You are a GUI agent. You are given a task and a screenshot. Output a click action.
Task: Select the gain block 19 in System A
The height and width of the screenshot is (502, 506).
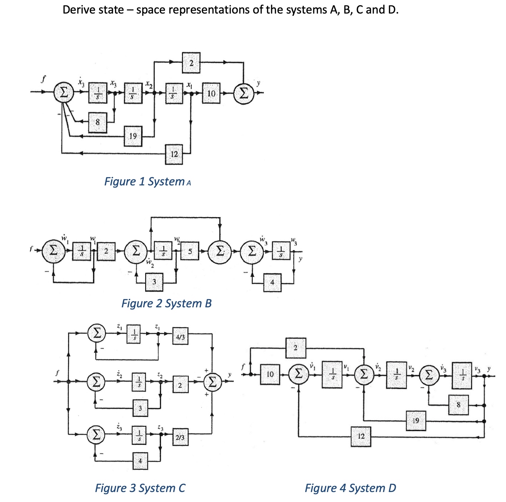tap(133, 136)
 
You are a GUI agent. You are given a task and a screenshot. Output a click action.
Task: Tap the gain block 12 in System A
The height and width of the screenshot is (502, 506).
tap(174, 154)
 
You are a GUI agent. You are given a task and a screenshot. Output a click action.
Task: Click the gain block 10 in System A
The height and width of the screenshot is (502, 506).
tap(211, 93)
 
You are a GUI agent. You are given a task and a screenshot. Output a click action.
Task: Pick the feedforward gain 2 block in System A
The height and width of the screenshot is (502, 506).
tap(191, 63)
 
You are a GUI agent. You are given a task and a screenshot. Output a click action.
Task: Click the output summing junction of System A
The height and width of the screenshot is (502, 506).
tap(244, 93)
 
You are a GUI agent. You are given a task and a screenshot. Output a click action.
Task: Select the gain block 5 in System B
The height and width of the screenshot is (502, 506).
tap(190, 251)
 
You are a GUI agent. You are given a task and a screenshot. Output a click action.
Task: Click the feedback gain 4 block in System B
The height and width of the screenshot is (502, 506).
tap(272, 282)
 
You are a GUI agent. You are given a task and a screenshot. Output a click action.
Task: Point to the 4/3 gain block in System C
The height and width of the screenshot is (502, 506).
tap(180, 336)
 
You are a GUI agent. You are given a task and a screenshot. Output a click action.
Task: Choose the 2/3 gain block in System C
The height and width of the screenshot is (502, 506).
tap(180, 437)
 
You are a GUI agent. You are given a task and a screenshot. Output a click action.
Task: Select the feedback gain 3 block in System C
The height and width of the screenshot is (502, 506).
tap(140, 408)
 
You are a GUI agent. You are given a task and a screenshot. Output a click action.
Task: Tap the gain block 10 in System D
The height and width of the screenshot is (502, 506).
tap(270, 374)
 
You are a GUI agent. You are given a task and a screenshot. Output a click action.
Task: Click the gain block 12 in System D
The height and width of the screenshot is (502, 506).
tap(361, 436)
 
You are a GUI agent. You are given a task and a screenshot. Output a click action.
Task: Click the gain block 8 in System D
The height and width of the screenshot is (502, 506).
tap(459, 405)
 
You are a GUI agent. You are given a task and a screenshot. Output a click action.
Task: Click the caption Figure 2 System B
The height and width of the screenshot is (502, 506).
tap(166, 303)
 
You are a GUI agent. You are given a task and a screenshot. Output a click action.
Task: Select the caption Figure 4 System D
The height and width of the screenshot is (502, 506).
tap(350, 488)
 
